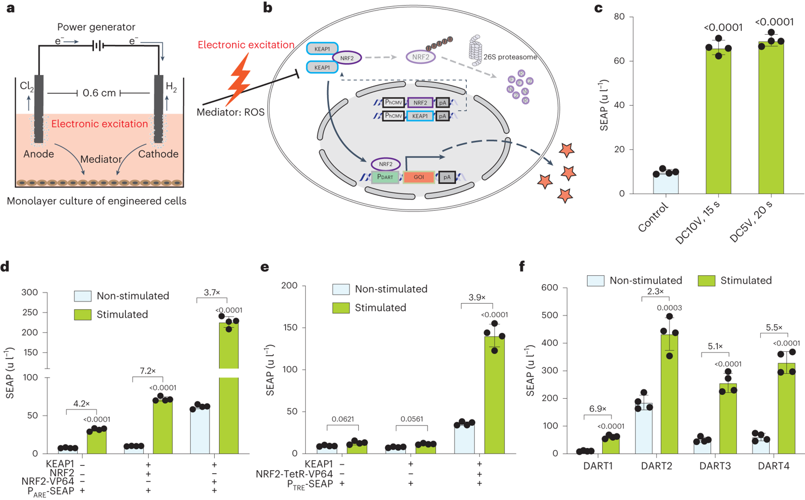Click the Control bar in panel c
pyautogui.click(x=666, y=183)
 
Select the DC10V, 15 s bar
pyautogui.click(x=718, y=120)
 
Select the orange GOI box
pyautogui.click(x=419, y=177)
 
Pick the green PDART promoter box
pyautogui.click(x=385, y=177)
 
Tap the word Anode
pyautogui.click(x=39, y=154)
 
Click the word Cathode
pyautogui.click(x=158, y=154)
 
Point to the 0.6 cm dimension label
pyautogui.click(x=99, y=93)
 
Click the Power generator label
pyautogui.click(x=96, y=27)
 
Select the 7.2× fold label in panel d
pyautogui.click(x=147, y=371)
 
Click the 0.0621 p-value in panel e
pyautogui.click(x=343, y=419)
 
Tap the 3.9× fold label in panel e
pyautogui.click(x=476, y=298)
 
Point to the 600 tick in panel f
pyautogui.click(x=550, y=287)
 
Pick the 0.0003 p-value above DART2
pyautogui.click(x=669, y=308)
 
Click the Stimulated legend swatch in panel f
pyautogui.click(x=707, y=281)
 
